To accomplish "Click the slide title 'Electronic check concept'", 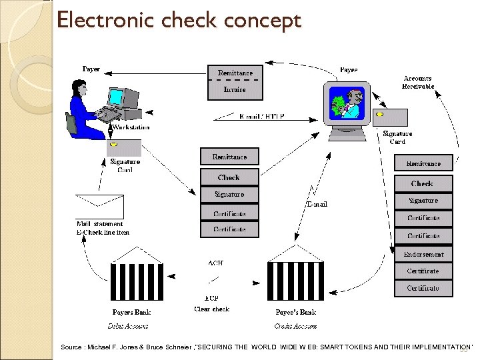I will point(179,20).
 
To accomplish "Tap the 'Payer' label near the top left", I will point(91,69).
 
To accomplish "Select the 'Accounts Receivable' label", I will point(418,82).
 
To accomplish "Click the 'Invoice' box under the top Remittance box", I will point(235,89).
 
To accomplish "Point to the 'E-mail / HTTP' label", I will point(262,116).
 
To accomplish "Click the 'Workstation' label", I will point(131,127).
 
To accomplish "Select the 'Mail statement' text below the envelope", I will point(99,223).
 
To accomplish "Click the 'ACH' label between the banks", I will point(215,263).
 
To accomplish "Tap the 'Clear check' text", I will point(212,309).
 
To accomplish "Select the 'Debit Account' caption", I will point(128,326).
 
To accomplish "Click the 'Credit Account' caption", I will point(295,326).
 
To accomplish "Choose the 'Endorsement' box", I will point(423,254).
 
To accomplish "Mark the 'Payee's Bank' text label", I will point(295,312).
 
